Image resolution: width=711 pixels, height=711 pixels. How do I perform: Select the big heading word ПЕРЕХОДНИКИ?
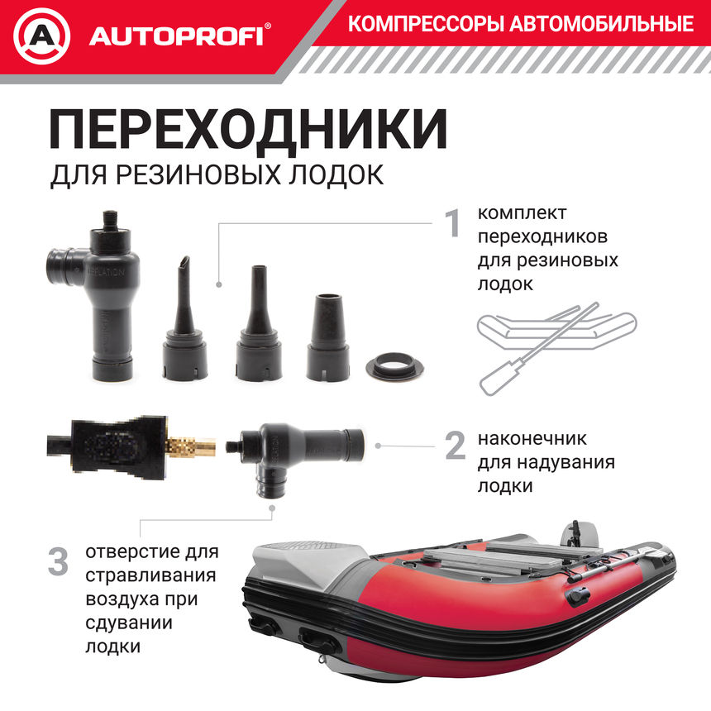coord(249,129)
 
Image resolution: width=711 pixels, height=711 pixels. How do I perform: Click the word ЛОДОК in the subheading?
coord(339,174)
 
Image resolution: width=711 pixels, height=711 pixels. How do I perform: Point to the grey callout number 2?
coord(455,446)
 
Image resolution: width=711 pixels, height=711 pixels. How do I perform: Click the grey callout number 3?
coord(58,562)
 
